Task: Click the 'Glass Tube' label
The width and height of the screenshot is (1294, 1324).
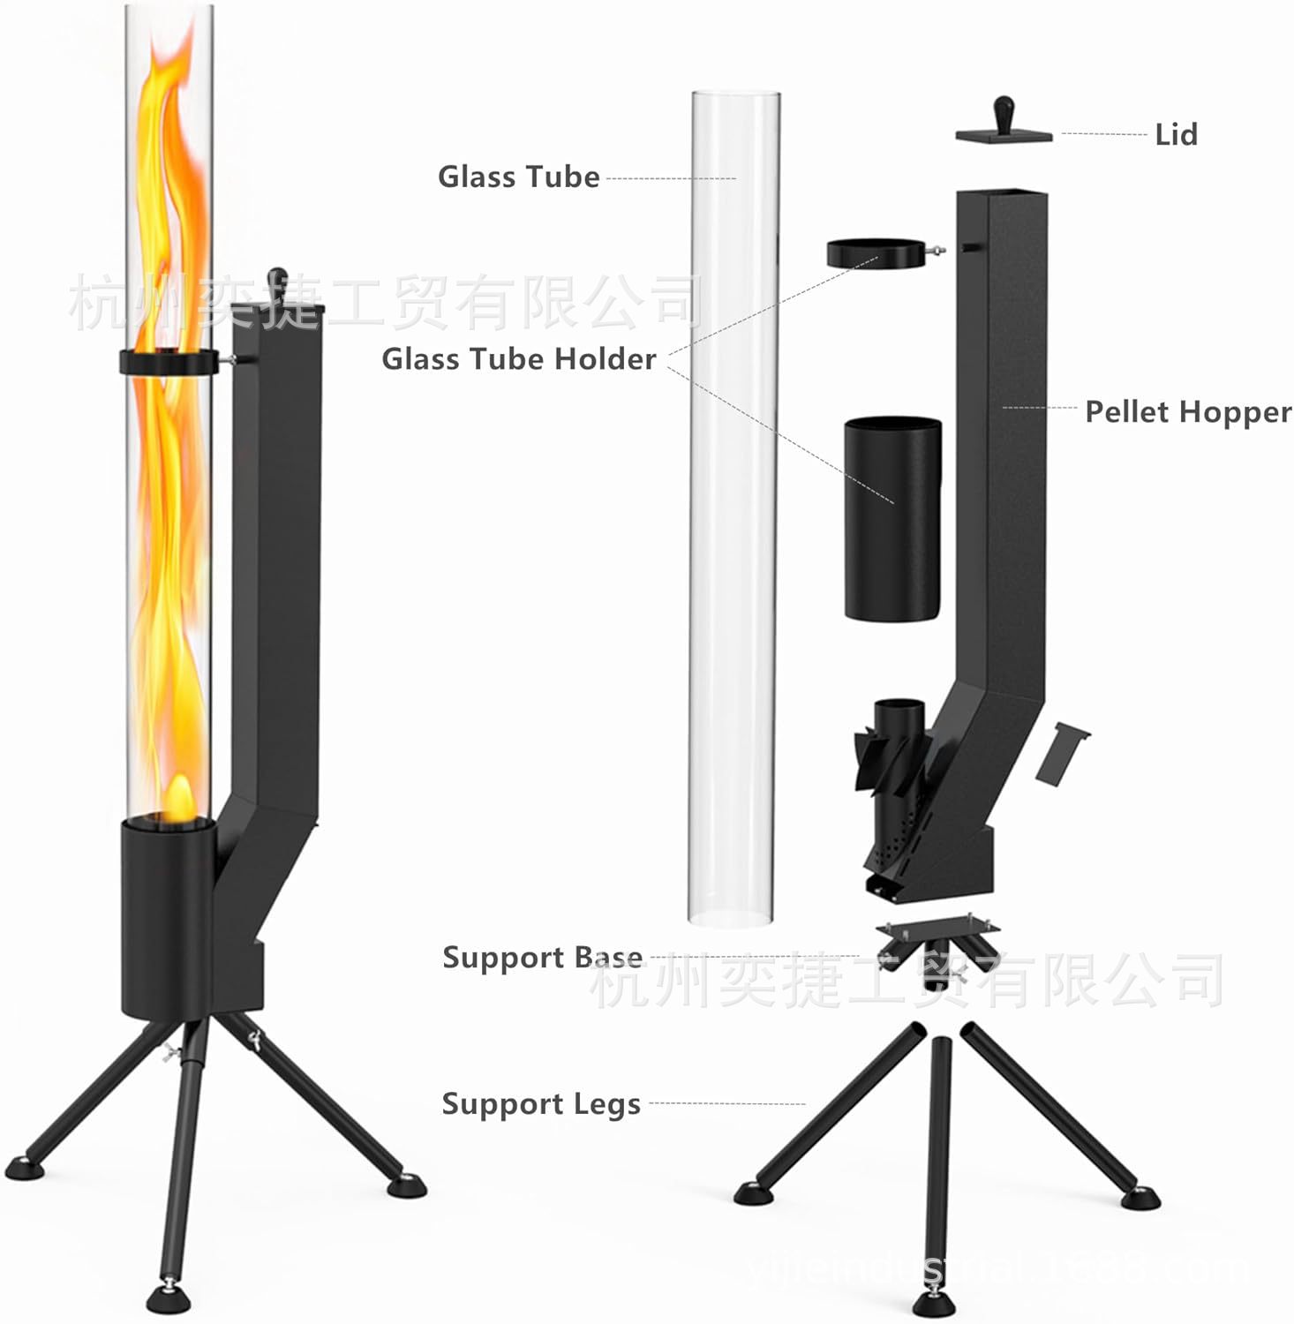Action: point(518,177)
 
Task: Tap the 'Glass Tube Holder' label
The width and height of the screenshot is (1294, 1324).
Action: point(518,359)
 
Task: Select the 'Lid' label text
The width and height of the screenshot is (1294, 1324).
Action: point(1176,135)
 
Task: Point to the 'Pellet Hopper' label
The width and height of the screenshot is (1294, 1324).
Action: point(1187,412)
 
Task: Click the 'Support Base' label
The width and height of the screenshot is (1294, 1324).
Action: point(542,958)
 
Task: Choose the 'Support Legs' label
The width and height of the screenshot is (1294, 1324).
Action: point(540,1104)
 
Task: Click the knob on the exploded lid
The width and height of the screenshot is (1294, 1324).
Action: point(1004,113)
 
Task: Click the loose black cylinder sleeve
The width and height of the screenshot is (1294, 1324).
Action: point(892,518)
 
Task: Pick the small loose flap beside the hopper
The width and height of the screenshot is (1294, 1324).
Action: point(1062,753)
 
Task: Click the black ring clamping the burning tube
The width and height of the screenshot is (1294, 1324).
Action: point(168,362)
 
